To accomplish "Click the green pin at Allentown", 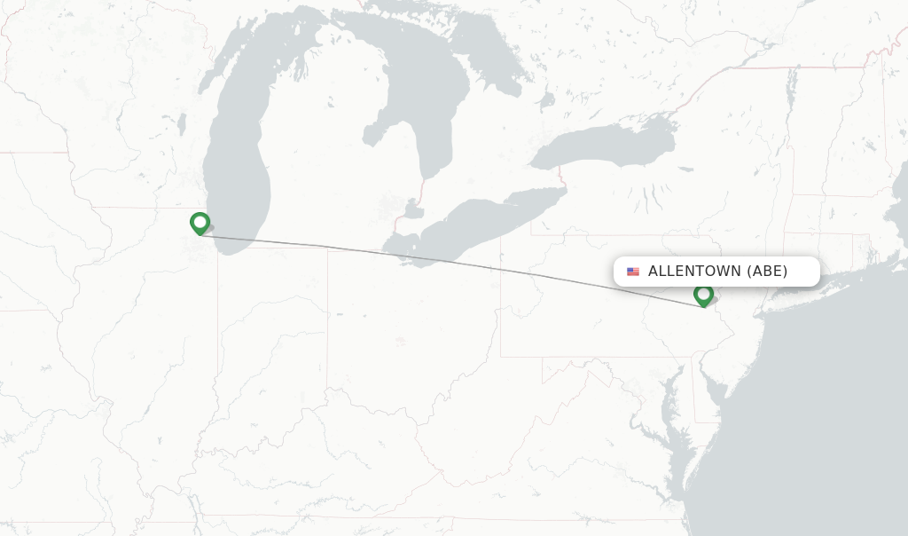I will pos(703,295).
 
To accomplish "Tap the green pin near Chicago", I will pos(200,223).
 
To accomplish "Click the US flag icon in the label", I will pos(633,272).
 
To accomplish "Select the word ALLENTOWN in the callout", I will pos(693,272).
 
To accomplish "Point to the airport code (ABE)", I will pos(767,272).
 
